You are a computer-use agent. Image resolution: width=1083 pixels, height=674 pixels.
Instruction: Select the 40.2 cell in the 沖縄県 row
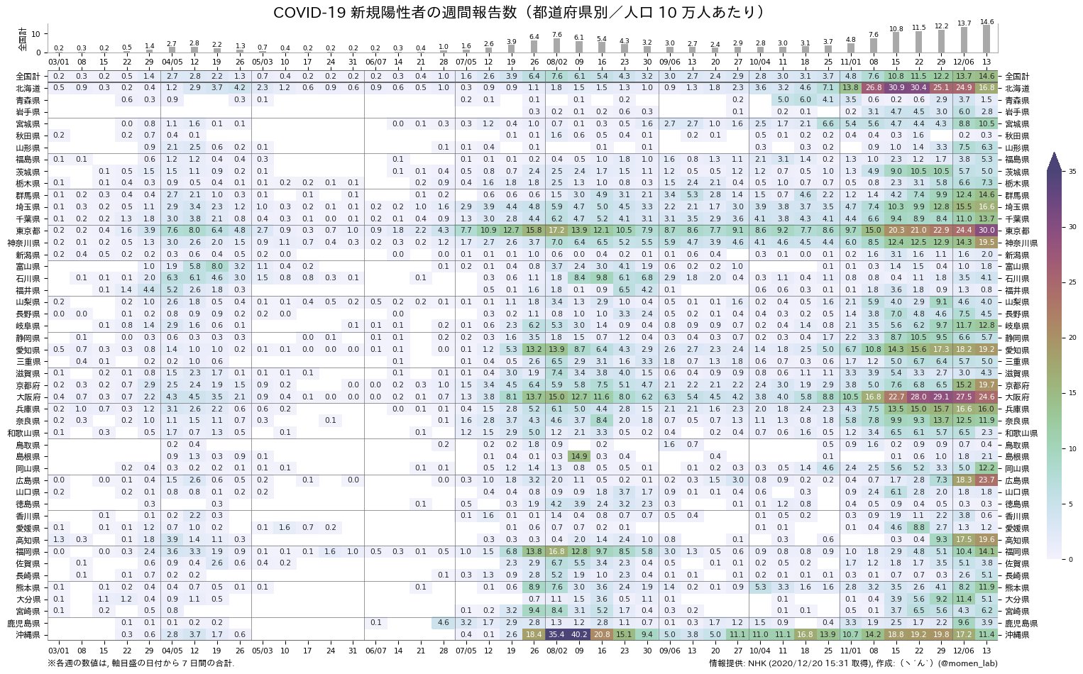coord(579,634)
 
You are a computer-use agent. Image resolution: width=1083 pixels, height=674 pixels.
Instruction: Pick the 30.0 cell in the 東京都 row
coord(986,231)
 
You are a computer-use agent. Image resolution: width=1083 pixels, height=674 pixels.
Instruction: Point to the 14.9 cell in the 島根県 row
coord(579,456)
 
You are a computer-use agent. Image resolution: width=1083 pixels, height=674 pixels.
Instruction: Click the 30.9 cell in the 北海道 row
coord(896,88)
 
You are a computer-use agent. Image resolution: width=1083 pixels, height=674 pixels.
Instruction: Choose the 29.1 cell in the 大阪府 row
coord(941,397)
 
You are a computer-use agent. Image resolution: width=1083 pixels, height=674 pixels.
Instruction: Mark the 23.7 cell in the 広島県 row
coord(986,480)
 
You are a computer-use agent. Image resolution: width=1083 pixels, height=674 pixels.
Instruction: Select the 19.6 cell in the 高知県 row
coord(986,539)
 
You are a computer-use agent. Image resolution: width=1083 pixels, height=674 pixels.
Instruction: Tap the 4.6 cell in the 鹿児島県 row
coord(444,623)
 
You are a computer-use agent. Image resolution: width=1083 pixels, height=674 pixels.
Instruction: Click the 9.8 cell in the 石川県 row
coord(602,278)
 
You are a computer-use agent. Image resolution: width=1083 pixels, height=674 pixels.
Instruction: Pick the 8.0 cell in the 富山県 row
coord(217,266)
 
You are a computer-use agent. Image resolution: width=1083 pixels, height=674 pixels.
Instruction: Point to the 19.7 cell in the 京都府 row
coord(986,385)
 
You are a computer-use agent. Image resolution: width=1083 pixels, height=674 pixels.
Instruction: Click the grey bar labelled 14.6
coord(986,38)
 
